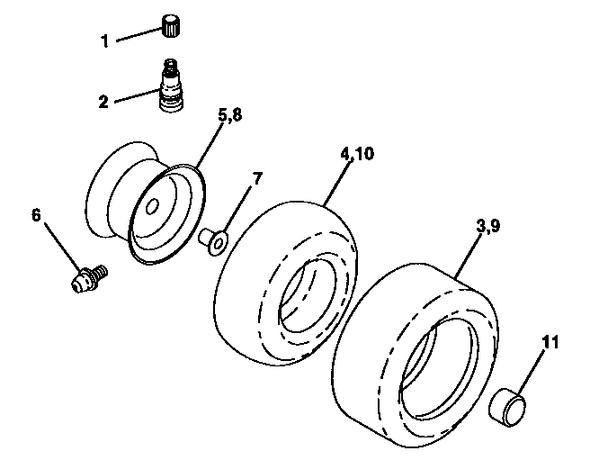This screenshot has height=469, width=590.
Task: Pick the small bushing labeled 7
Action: pos(215,242)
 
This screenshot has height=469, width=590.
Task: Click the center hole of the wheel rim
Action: pos(153,207)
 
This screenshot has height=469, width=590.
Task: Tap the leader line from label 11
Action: pos(533,369)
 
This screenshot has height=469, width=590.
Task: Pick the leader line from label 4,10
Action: pos(336,180)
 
